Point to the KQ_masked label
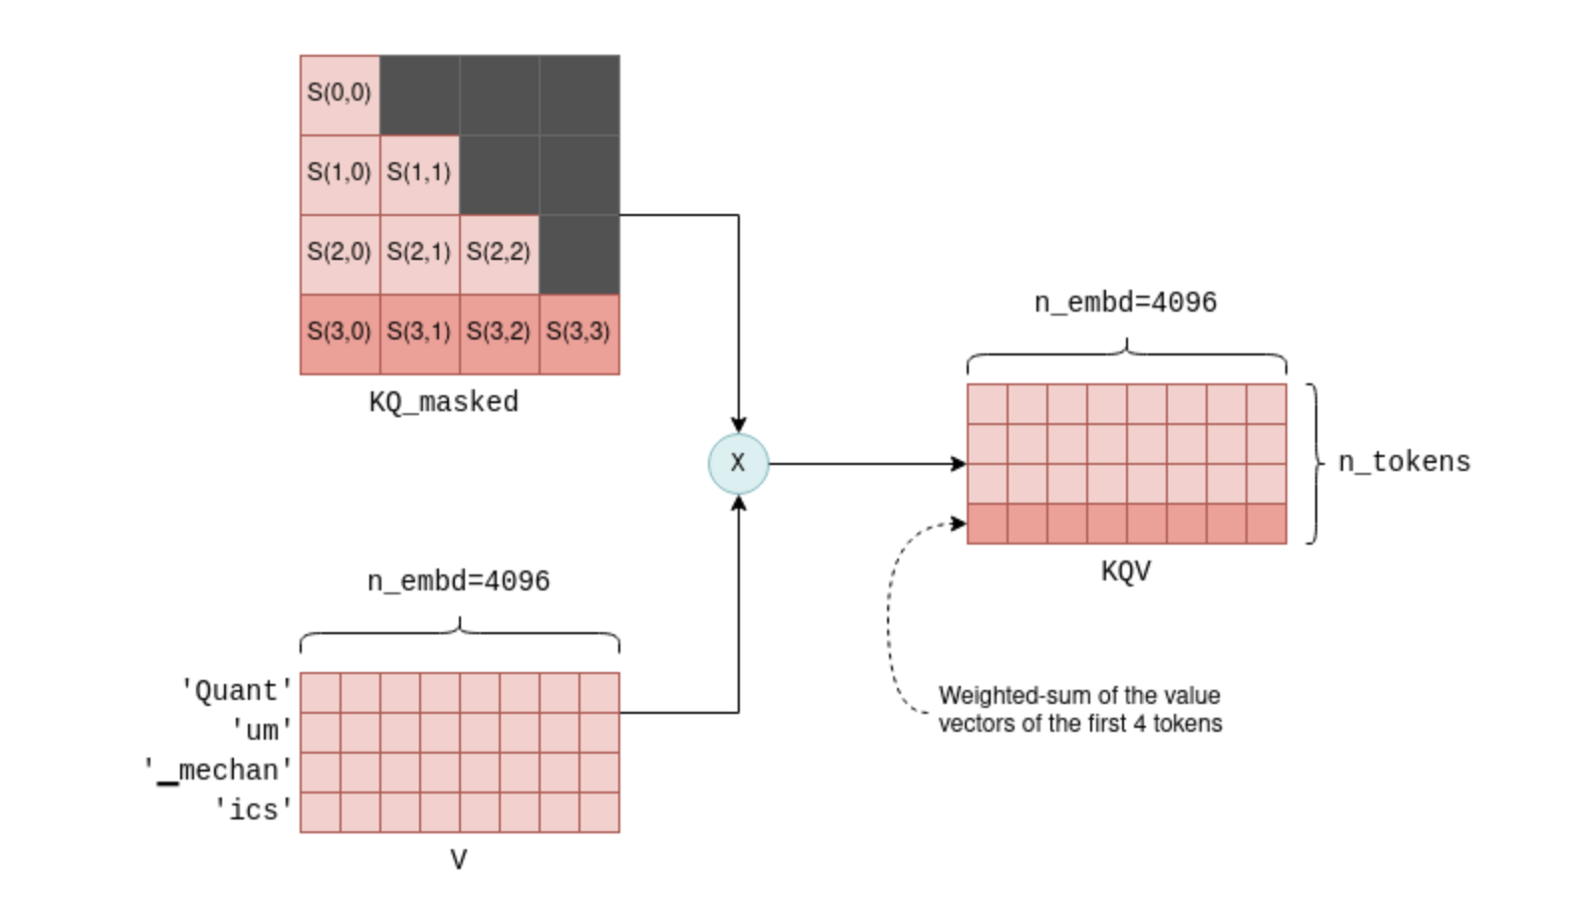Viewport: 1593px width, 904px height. coord(443,402)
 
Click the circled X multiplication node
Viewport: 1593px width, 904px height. coord(738,463)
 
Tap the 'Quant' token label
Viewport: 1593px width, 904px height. coord(236,691)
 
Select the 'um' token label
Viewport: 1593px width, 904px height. coord(262,731)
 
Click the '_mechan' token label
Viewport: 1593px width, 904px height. coord(218,771)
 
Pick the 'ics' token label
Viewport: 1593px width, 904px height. coord(253,810)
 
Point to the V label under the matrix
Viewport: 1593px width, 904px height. coord(458,860)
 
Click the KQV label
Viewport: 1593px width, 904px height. coord(1126,571)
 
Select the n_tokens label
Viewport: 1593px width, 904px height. coord(1404,462)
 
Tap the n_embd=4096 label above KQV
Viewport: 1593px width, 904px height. coord(1125,303)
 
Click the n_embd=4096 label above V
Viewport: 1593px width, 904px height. coord(458,581)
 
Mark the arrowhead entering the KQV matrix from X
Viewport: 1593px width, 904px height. coord(959,464)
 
